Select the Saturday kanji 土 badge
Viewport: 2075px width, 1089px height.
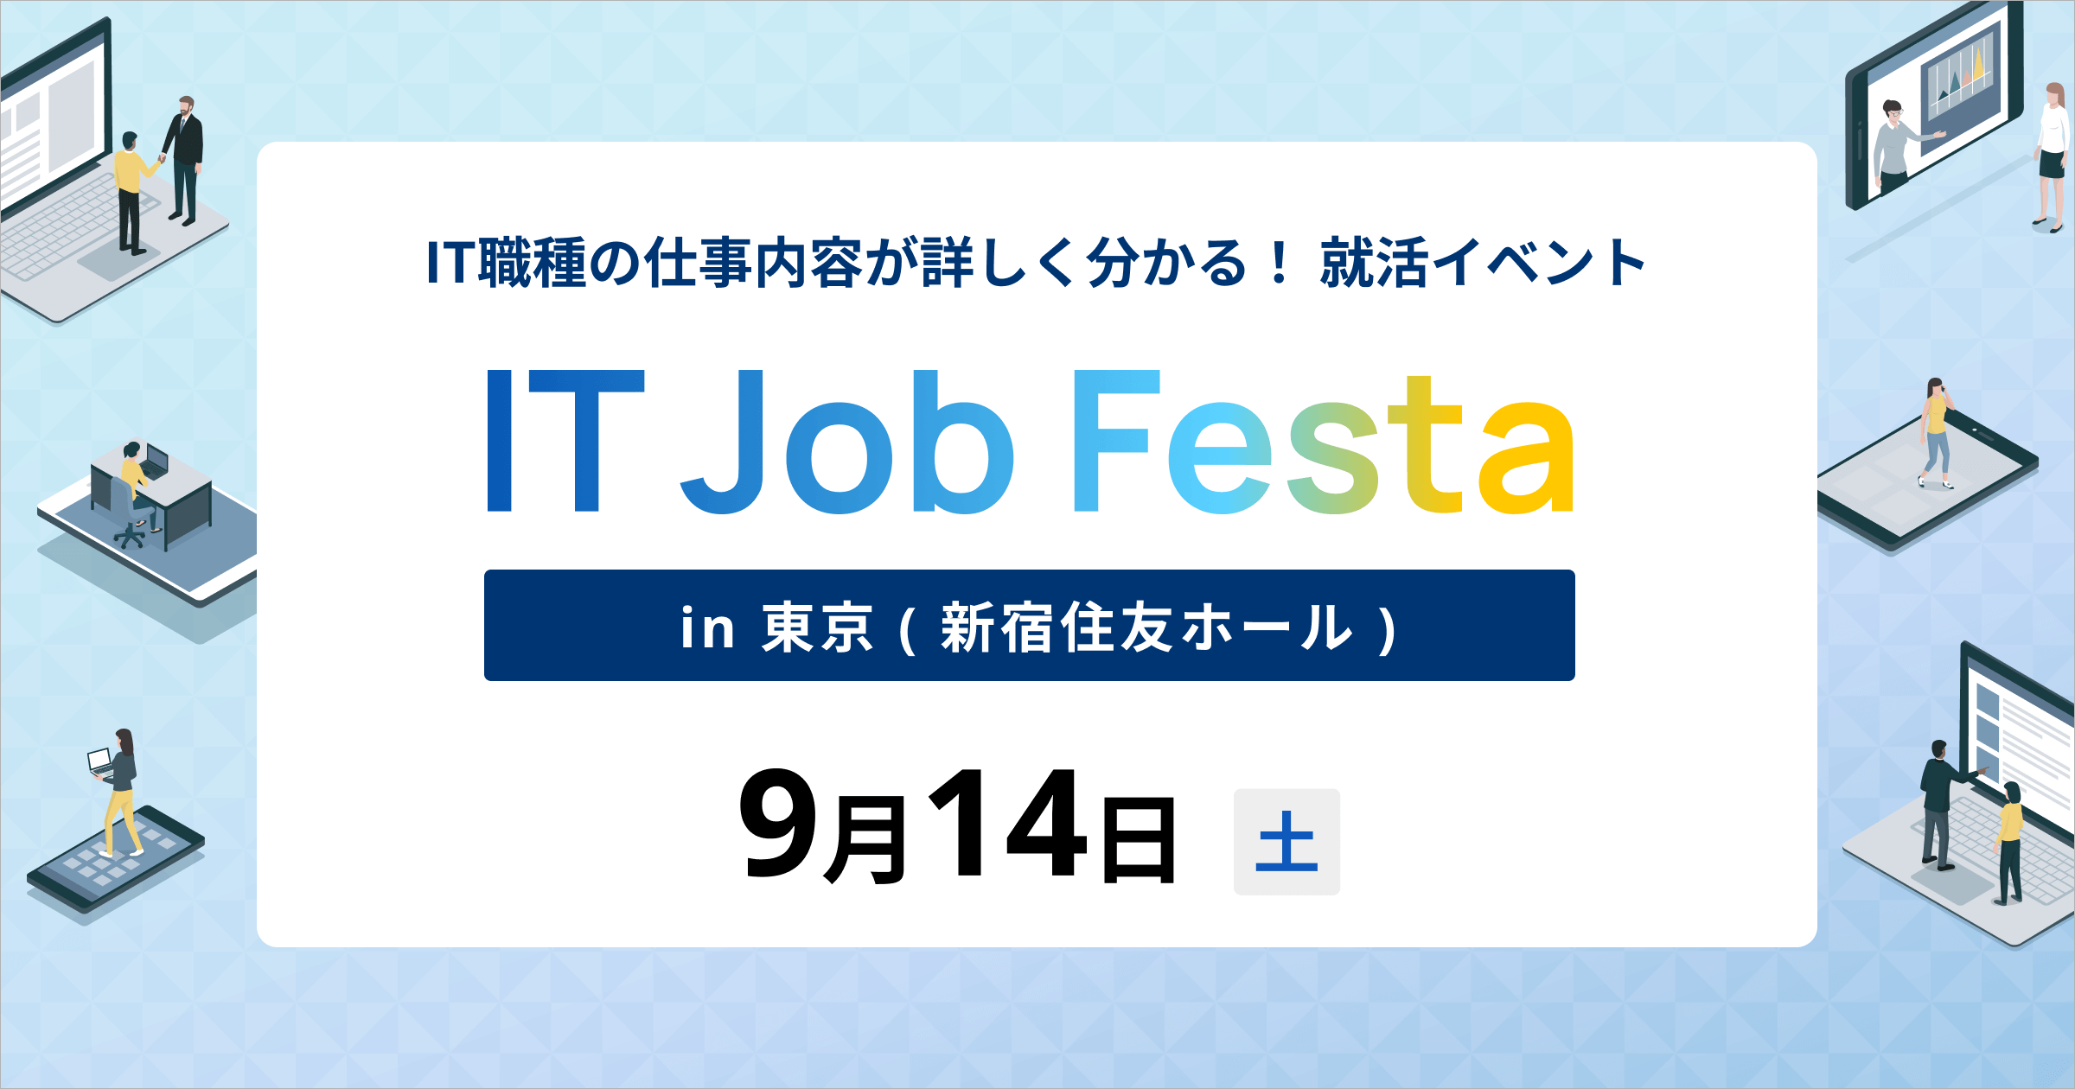pos(1286,841)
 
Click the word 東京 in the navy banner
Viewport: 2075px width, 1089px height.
pos(816,627)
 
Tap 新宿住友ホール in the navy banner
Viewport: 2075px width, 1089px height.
pos(1146,627)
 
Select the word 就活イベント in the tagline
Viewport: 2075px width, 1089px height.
pos(1482,263)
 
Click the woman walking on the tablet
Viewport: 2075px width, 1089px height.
pos(1936,432)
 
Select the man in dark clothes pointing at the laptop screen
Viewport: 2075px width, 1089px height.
pos(1940,799)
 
